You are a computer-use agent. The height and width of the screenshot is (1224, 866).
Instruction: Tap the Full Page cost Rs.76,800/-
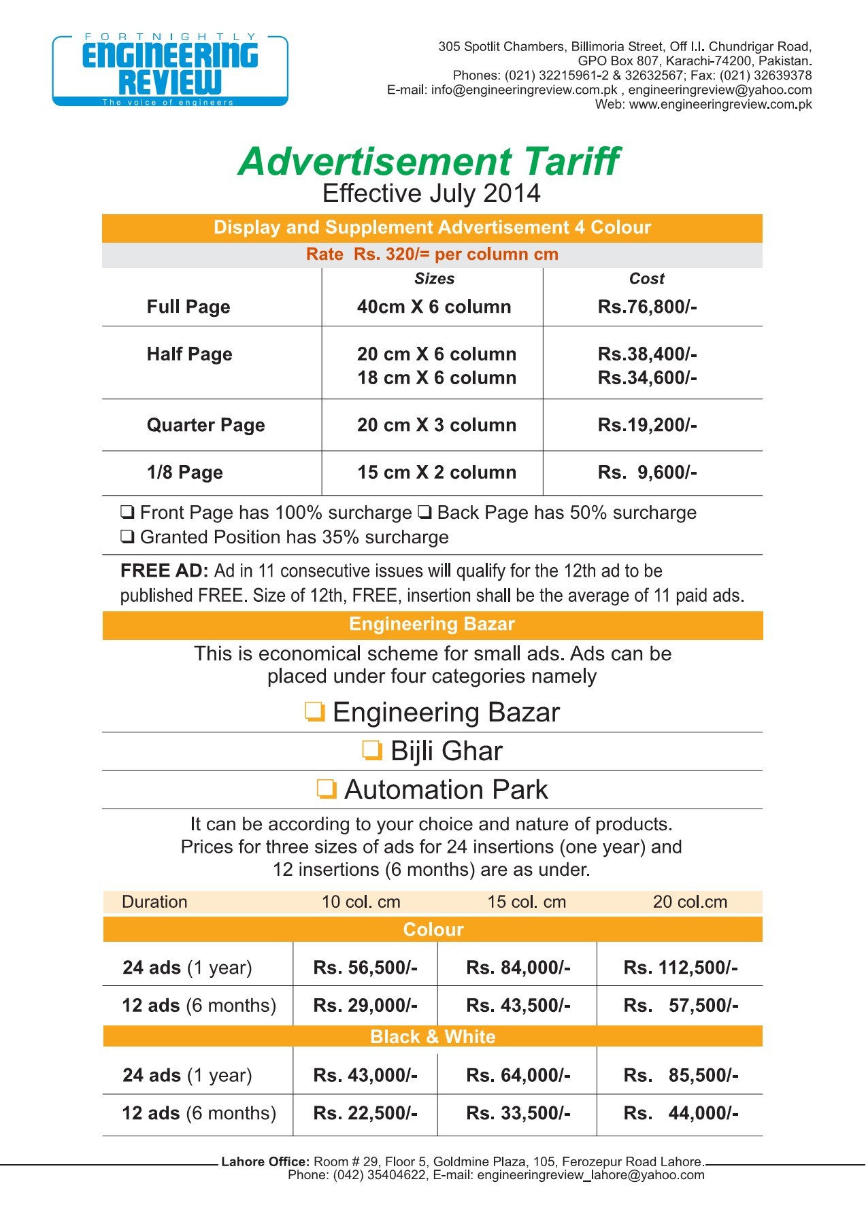click(647, 307)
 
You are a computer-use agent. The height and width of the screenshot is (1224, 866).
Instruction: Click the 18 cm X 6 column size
click(437, 378)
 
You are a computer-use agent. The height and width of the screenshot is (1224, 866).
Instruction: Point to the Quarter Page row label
click(205, 425)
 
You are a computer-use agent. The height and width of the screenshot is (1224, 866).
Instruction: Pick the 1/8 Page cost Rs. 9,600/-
click(647, 473)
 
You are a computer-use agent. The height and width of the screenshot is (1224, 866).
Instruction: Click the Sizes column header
click(434, 279)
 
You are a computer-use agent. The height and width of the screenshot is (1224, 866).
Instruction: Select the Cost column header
click(646, 279)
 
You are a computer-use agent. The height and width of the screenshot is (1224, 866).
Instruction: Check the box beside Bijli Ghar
click(371, 751)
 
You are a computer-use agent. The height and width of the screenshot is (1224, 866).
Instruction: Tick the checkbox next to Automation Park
click(327, 789)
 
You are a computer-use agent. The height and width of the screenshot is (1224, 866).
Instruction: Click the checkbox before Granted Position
click(127, 537)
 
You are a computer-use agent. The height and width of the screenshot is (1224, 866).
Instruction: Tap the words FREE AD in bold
click(164, 571)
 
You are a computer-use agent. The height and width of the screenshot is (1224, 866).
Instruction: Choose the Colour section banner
click(433, 930)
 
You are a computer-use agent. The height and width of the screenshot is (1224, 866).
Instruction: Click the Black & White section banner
click(433, 1036)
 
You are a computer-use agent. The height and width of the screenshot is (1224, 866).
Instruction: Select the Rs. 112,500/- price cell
click(680, 968)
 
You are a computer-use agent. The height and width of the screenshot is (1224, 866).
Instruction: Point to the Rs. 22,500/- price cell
click(365, 1113)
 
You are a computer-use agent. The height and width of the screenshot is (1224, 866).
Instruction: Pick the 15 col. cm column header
click(527, 902)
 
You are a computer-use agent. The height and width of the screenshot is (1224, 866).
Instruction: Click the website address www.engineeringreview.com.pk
click(720, 105)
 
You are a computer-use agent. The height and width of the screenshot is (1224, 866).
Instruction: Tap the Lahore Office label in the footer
click(265, 1161)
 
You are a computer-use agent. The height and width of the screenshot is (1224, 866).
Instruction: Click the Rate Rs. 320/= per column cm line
click(432, 254)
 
